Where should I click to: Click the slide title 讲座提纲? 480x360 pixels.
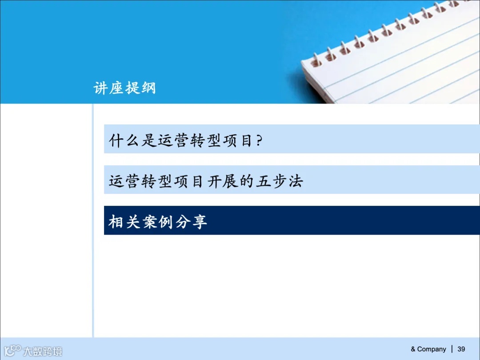(125, 88)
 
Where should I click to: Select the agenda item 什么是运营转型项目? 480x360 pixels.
(186, 141)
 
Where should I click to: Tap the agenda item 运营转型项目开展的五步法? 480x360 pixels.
(206, 181)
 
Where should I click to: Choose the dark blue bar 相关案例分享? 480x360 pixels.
(292, 220)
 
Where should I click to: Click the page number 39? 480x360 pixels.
(461, 349)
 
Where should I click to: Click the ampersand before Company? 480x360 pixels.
(413, 349)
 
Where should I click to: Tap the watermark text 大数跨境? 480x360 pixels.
(43, 351)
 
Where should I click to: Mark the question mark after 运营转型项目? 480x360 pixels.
(260, 141)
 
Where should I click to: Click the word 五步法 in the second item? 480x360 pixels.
(279, 181)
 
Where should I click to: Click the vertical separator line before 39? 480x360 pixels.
(452, 349)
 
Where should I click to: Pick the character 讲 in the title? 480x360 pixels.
(101, 88)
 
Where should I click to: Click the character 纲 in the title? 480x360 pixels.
(148, 88)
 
